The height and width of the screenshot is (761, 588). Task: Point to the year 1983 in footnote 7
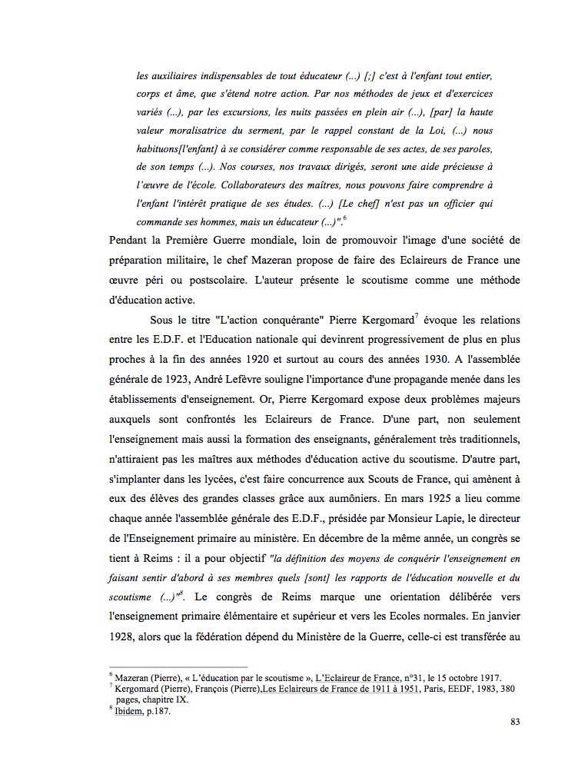[463, 688]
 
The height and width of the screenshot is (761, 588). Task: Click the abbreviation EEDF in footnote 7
[425, 688]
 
